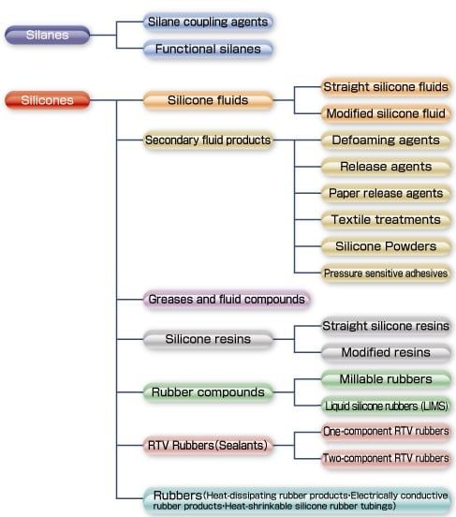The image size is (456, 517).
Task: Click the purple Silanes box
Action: pos(47,35)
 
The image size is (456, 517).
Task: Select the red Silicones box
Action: pos(47,100)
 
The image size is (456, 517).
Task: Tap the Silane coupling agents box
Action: pos(208,22)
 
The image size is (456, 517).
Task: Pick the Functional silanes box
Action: pos(208,49)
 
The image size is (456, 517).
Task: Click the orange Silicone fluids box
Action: pos(208,100)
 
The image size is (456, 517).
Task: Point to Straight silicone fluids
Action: pos(386,87)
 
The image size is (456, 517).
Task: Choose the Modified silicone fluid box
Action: pos(386,113)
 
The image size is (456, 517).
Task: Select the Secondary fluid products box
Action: pos(208,140)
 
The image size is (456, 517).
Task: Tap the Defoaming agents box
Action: pos(386,140)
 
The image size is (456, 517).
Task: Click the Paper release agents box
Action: pos(386,193)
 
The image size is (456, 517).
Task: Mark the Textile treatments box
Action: pos(386,219)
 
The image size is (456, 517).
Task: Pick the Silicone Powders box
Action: pos(386,246)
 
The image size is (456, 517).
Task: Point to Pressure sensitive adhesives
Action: pos(386,273)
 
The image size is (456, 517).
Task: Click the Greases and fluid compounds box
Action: pos(227,300)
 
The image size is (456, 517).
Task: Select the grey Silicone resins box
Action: pos(208,339)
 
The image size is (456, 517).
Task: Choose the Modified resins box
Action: pos(386,352)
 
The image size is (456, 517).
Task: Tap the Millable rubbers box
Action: pos(386,379)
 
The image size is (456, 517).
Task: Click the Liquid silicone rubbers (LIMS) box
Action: pos(386,406)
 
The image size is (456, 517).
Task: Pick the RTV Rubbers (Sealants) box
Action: pos(208,445)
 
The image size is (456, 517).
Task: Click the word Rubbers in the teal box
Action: pos(178,495)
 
